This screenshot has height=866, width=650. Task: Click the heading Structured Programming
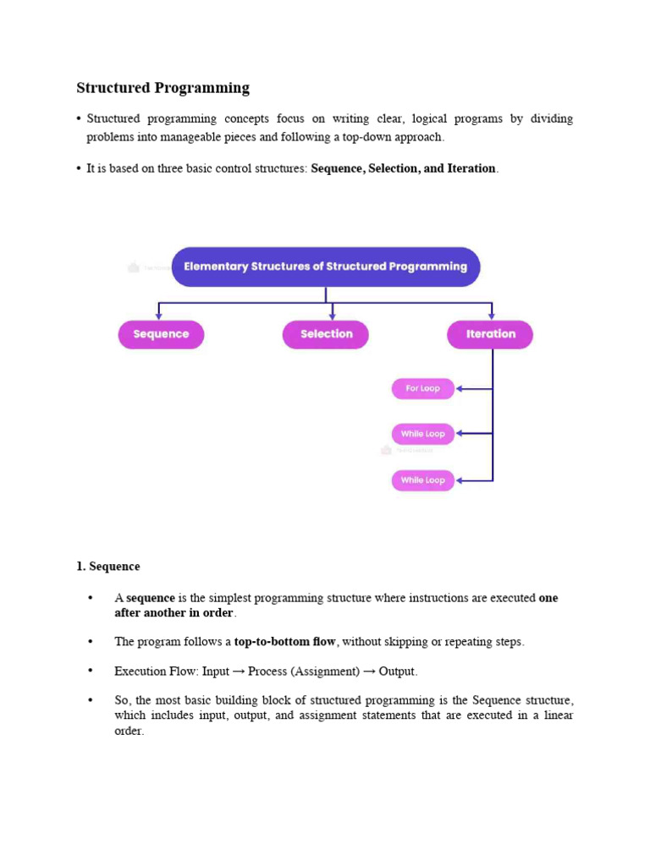pyautogui.click(x=162, y=88)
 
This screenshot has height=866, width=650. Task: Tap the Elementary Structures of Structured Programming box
pyautogui.click(x=326, y=266)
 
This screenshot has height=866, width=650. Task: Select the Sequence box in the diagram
pyautogui.click(x=161, y=334)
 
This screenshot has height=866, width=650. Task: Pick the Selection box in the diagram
pyautogui.click(x=326, y=334)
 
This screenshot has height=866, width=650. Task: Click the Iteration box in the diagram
pyautogui.click(x=490, y=334)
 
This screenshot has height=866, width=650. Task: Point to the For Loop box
pyautogui.click(x=422, y=389)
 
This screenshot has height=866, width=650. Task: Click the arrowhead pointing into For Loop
pyautogui.click(x=460, y=389)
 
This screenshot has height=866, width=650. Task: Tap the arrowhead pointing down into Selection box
pyautogui.click(x=332, y=315)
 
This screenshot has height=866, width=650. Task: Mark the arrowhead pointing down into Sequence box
pyautogui.click(x=158, y=315)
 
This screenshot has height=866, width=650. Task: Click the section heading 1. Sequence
pyautogui.click(x=108, y=567)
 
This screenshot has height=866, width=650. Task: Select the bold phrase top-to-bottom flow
pyautogui.click(x=284, y=642)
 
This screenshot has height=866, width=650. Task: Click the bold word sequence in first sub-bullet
pyautogui.click(x=151, y=598)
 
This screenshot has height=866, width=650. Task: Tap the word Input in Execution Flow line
pyautogui.click(x=216, y=671)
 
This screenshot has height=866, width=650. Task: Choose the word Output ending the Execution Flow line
pyautogui.click(x=397, y=671)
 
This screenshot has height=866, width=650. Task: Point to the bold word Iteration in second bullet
pyautogui.click(x=471, y=168)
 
